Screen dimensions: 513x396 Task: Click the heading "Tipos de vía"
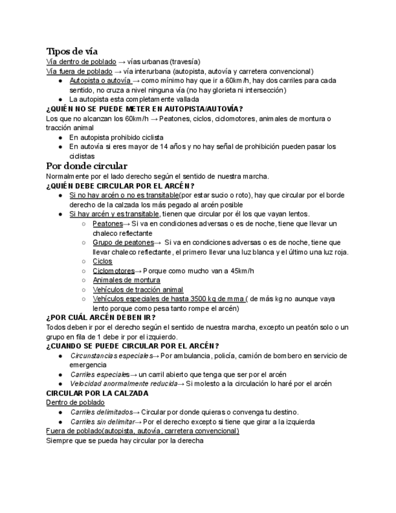pos(72,51)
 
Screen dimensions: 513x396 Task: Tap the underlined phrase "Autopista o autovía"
pos(100,80)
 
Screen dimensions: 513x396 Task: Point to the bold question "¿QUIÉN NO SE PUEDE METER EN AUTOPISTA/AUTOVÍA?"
pos(144,109)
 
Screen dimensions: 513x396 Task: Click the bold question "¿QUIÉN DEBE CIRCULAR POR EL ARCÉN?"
pos(120,186)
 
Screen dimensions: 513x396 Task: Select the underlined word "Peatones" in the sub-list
pos(108,223)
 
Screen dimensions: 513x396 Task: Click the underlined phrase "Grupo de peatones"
pos(123,243)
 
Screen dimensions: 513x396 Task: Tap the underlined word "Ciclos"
pos(102,261)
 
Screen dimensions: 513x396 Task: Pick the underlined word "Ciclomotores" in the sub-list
pos(113,271)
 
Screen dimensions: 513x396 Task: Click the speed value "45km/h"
pos(240,271)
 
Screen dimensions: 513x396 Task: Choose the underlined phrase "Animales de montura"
pos(126,280)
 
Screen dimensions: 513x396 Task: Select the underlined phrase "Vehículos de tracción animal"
pos(138,290)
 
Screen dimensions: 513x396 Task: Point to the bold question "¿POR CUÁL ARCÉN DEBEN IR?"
pos(101,318)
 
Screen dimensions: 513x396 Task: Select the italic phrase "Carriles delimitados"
pos(101,412)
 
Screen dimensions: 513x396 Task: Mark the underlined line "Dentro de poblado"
pos(75,402)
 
